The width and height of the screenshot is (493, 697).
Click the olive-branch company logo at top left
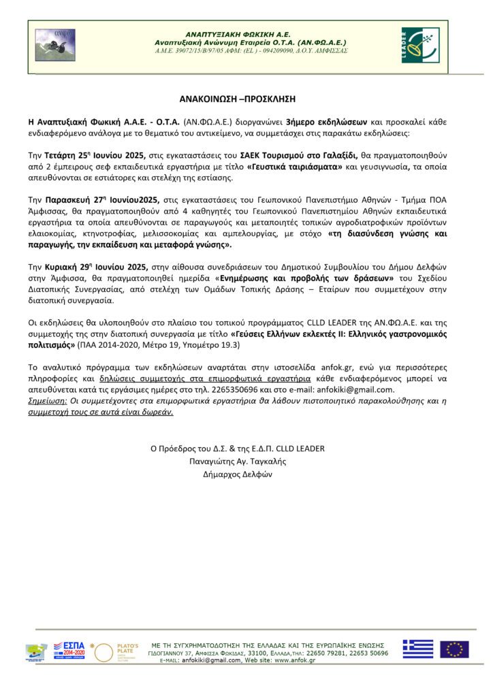click(x=55, y=45)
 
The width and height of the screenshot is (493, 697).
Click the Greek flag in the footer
click(x=417, y=649)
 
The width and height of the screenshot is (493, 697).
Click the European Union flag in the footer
click(x=454, y=649)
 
